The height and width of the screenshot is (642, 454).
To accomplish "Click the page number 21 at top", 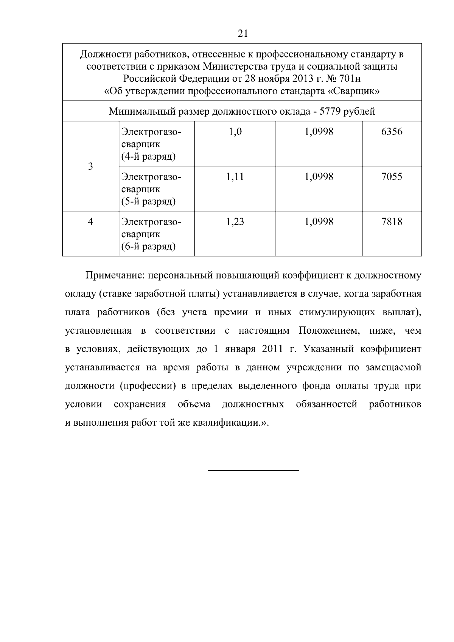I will pyautogui.click(x=243, y=34).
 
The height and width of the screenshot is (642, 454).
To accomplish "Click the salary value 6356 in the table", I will pyautogui.click(x=392, y=132).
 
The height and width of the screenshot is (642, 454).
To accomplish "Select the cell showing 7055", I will pyautogui.click(x=392, y=177).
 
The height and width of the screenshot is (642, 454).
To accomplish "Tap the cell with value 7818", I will pyautogui.click(x=392, y=222).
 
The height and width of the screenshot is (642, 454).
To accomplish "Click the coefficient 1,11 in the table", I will pyautogui.click(x=235, y=177).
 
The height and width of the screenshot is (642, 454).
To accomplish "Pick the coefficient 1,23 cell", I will pyautogui.click(x=235, y=222).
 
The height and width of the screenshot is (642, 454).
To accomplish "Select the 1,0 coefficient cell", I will pyautogui.click(x=235, y=132).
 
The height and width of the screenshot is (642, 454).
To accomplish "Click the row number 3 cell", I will pyautogui.click(x=90, y=166).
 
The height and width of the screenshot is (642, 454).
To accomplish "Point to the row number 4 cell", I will pyautogui.click(x=90, y=222).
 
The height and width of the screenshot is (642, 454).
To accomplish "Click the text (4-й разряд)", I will pyautogui.click(x=148, y=157).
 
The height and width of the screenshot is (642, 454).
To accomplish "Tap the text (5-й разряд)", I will pyautogui.click(x=148, y=201).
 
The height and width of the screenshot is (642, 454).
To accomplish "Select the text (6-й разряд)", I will pyautogui.click(x=148, y=247).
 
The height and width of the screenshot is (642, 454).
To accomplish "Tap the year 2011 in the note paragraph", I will pyautogui.click(x=272, y=349).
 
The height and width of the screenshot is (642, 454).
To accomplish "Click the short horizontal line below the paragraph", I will pyautogui.click(x=253, y=470).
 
